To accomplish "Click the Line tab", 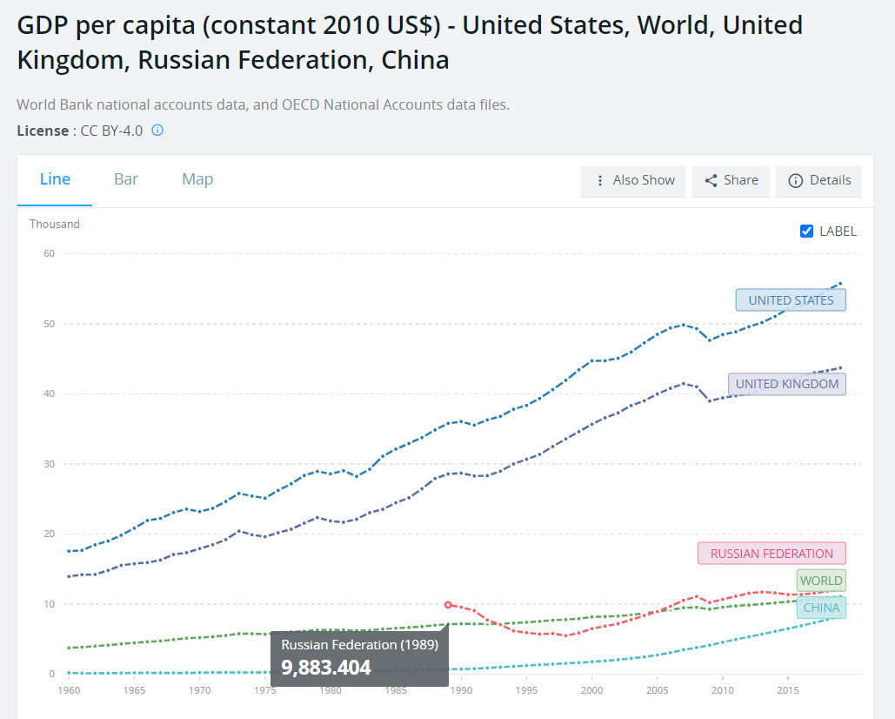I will (55, 179).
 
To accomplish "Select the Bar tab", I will (126, 179).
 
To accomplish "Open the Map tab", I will (197, 179).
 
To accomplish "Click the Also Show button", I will (633, 180).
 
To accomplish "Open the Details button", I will (818, 180).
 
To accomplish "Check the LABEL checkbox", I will (807, 231).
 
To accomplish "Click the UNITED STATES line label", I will (791, 300).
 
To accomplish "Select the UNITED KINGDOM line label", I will (787, 384).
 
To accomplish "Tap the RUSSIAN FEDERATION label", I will (771, 554).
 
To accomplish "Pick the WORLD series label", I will (821, 581).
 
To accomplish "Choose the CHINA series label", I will (821, 608).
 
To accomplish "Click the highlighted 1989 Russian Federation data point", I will (448, 604).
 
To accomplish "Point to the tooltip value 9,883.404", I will (326, 668).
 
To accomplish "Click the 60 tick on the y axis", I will (49, 254).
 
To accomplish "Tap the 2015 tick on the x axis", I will (788, 690).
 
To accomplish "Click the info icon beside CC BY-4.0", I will (157, 131).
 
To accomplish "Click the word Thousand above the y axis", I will (55, 225).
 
